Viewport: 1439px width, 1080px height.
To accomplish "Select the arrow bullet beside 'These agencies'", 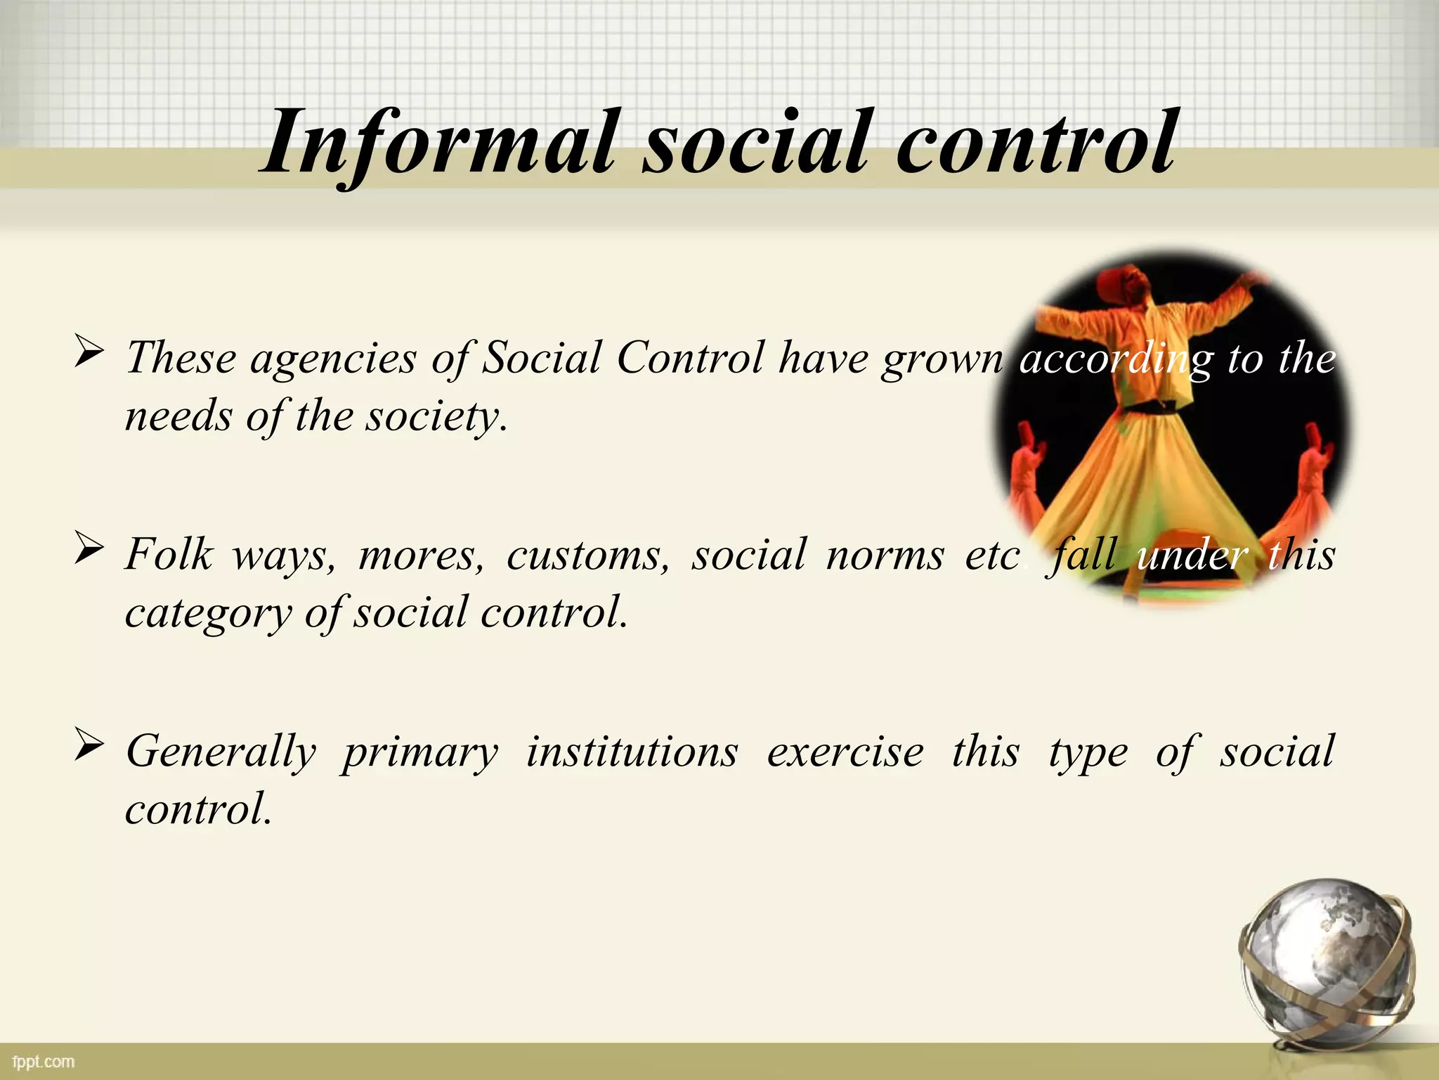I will pos(89,351).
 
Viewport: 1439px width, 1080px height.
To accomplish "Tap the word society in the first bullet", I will pos(436,417).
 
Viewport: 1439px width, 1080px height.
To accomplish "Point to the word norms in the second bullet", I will pos(885,556).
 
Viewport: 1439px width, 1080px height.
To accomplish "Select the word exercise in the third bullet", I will pos(845,752).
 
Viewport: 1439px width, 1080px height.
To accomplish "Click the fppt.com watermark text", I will pos(43,1062).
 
